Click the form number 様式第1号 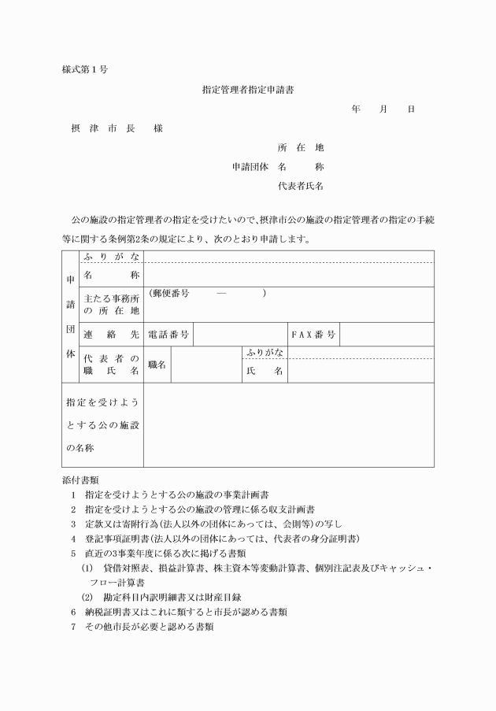coord(84,69)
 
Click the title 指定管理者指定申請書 coord(248,91)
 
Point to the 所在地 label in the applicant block coord(301,147)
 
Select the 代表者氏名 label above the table coord(301,187)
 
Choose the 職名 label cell coord(157,365)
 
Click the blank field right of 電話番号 coord(239,335)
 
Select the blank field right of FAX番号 coord(386,335)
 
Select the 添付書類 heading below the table coord(80,480)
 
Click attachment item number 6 coord(72,611)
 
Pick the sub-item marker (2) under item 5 coord(87,596)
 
